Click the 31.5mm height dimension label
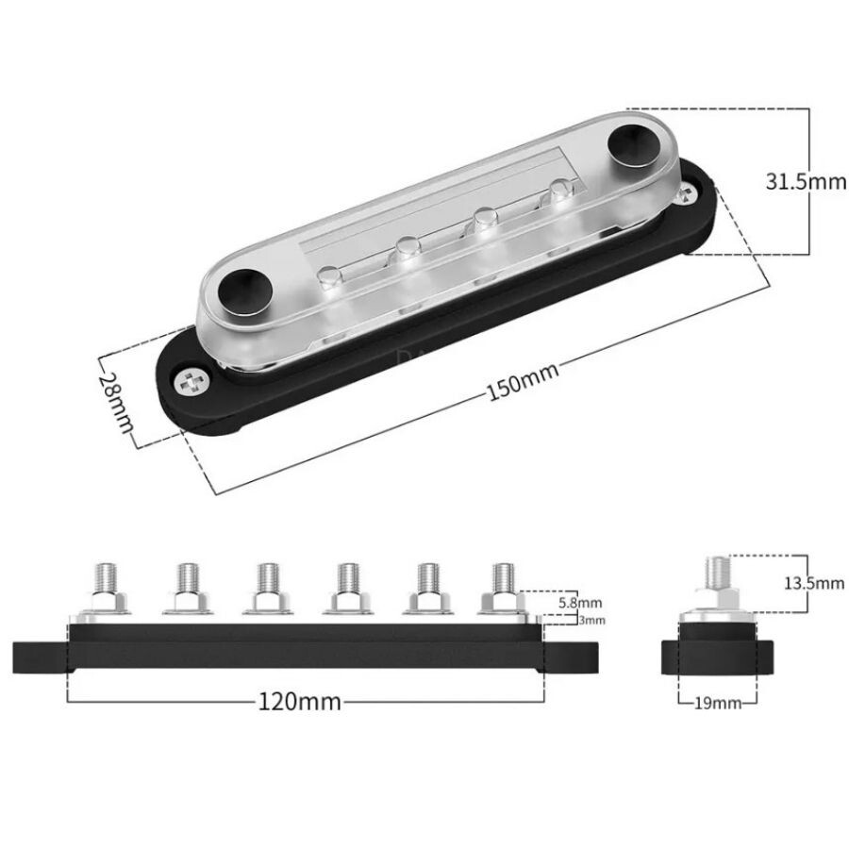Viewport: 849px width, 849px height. (x=806, y=181)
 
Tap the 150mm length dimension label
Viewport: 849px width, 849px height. (x=523, y=381)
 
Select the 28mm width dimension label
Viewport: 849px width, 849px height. (x=116, y=402)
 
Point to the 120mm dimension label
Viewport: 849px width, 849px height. (x=299, y=702)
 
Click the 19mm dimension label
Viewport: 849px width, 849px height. (x=718, y=704)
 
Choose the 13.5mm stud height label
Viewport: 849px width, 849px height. (x=814, y=583)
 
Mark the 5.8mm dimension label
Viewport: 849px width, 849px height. (x=580, y=603)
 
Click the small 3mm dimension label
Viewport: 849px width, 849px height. (x=591, y=620)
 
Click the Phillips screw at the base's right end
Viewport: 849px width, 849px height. (x=687, y=192)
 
